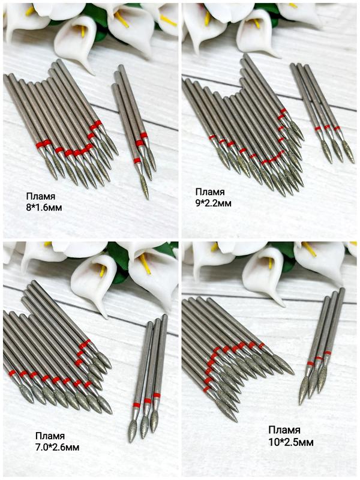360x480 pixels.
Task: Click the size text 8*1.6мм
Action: point(44,208)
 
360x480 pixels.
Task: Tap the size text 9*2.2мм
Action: point(214,203)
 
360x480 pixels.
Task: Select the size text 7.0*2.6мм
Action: point(57,447)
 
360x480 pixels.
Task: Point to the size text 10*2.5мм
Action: point(291,442)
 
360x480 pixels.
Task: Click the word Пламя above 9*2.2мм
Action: point(209,192)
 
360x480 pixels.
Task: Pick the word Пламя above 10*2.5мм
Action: point(284,430)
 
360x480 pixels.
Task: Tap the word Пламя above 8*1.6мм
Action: point(40,197)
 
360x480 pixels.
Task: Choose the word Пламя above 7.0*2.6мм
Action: point(50,436)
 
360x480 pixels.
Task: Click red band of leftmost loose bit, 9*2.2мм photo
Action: point(318,128)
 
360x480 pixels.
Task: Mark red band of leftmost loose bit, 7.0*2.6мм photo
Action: point(137,405)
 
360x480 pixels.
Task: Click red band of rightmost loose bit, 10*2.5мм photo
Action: point(327,353)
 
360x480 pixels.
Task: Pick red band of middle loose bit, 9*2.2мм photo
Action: point(327,127)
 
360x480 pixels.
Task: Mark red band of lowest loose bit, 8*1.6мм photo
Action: point(137,161)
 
